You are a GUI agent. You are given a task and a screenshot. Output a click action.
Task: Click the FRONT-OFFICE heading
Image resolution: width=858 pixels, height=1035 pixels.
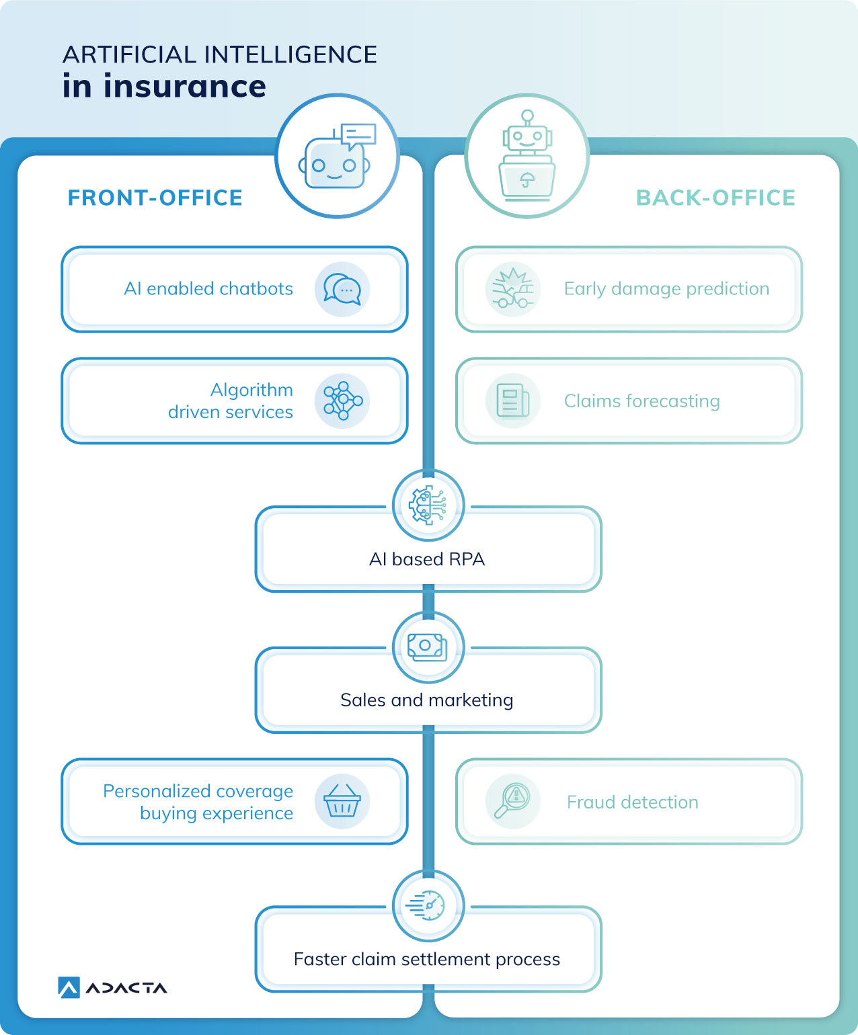click(155, 198)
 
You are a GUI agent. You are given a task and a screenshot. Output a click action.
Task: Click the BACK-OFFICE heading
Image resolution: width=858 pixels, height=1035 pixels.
click(715, 198)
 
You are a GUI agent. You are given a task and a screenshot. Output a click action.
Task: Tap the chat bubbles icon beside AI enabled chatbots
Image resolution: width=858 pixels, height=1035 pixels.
click(342, 289)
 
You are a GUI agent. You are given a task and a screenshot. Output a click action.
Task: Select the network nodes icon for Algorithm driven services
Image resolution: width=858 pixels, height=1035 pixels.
click(343, 401)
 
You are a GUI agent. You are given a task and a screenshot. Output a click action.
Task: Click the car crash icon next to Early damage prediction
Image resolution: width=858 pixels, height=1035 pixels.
click(512, 288)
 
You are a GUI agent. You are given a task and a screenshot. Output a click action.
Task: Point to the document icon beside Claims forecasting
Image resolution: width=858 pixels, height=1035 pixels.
click(513, 400)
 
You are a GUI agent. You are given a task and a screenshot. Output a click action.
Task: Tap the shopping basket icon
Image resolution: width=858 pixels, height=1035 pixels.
click(342, 800)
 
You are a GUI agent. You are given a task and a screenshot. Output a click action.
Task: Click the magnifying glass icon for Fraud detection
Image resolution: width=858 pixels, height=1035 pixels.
click(512, 800)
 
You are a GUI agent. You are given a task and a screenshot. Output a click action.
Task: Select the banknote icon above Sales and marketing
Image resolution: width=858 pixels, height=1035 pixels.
click(427, 647)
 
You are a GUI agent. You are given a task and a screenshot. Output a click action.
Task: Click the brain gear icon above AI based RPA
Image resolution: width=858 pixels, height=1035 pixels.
click(428, 505)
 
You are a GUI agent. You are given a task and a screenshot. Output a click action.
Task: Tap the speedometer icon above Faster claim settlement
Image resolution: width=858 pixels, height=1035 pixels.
click(426, 906)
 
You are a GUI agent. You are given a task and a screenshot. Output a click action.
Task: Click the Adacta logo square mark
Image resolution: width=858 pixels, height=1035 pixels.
click(69, 987)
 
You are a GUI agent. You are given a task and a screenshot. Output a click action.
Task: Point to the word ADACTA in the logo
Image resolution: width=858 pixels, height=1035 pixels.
click(126, 989)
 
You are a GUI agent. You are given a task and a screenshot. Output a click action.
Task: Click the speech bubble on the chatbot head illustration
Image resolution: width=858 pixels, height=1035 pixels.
click(358, 136)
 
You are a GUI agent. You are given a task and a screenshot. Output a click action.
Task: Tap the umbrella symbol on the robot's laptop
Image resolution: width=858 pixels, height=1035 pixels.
click(527, 179)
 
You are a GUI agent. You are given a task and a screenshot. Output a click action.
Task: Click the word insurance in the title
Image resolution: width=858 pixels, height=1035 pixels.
click(184, 86)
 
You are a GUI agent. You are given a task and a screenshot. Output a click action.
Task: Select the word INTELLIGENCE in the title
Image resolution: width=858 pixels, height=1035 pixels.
click(290, 54)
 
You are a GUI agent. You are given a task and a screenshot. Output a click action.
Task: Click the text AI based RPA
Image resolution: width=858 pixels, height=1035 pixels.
click(427, 559)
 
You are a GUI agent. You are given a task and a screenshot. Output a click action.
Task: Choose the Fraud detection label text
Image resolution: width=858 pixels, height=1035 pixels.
click(632, 802)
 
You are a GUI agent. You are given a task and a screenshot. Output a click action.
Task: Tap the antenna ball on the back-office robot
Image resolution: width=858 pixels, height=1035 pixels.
click(528, 116)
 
